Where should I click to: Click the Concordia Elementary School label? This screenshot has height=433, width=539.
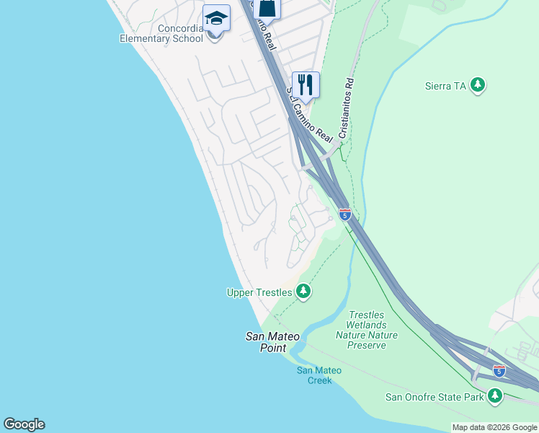click(161, 33)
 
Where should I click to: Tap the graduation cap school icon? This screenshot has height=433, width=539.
click(216, 18)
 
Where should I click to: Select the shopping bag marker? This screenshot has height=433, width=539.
click(267, 7)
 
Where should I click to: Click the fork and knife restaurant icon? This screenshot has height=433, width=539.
click(306, 85)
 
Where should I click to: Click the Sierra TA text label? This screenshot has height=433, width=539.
click(447, 86)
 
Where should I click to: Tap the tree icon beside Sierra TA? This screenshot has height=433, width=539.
click(477, 86)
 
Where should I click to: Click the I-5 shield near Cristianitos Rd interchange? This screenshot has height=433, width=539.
click(345, 214)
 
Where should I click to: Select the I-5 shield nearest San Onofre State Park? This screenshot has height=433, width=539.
click(499, 370)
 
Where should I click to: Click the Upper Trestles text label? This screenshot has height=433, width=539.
click(259, 292)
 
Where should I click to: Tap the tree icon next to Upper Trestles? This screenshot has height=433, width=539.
click(304, 292)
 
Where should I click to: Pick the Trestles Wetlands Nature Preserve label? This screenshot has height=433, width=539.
click(367, 330)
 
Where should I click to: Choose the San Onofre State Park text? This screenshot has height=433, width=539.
click(435, 397)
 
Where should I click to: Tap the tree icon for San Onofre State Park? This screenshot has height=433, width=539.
click(494, 395)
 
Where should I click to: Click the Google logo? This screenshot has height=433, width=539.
click(24, 424)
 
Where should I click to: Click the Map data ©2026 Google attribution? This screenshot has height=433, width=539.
click(494, 427)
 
